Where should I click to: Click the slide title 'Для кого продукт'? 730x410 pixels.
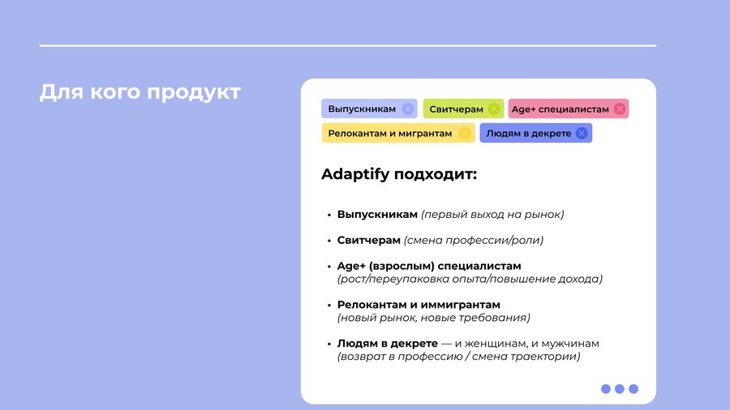click(x=140, y=92)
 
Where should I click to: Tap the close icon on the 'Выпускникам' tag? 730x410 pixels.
click(x=408, y=109)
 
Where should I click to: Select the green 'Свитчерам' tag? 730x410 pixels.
click(x=463, y=109)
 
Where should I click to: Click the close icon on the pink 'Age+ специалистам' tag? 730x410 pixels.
click(x=619, y=109)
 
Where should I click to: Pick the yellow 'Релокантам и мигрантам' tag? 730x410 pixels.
click(x=398, y=133)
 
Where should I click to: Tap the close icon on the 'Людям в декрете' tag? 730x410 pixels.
click(x=582, y=134)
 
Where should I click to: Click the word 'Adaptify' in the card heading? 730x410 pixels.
click(x=355, y=174)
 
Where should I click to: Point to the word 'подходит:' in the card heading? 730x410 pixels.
click(x=436, y=175)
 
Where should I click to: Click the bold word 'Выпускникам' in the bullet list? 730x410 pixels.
click(x=377, y=215)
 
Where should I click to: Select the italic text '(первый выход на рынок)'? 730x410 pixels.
click(x=492, y=215)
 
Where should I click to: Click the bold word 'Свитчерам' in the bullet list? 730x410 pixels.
click(x=369, y=241)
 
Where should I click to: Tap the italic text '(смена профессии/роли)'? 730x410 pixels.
click(x=474, y=241)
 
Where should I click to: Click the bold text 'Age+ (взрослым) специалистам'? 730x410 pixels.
click(x=429, y=267)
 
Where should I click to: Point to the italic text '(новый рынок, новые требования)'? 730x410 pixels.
click(x=434, y=318)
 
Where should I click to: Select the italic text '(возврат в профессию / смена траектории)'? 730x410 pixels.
click(x=459, y=357)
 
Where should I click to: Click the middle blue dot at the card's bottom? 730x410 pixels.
click(x=619, y=389)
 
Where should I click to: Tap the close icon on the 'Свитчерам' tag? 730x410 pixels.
click(x=494, y=109)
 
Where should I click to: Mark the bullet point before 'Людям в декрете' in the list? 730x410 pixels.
click(x=329, y=344)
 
